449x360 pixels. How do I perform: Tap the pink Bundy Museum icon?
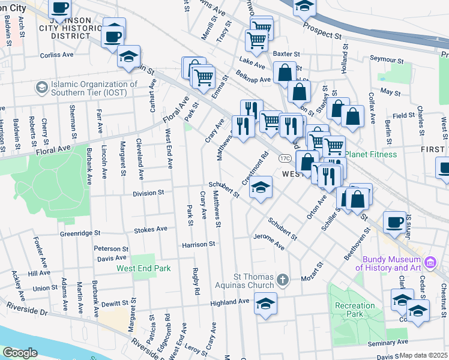[x=429, y=262]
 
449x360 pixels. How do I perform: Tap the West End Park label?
[x=144, y=268]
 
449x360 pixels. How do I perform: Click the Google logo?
[x=20, y=352]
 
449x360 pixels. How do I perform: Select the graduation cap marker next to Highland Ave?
[x=265, y=303]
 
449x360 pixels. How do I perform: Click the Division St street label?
[x=148, y=193]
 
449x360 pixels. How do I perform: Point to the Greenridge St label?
[x=79, y=233]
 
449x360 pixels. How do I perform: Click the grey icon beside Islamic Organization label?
[x=41, y=88]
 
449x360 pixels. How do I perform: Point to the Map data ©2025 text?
[x=424, y=355]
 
